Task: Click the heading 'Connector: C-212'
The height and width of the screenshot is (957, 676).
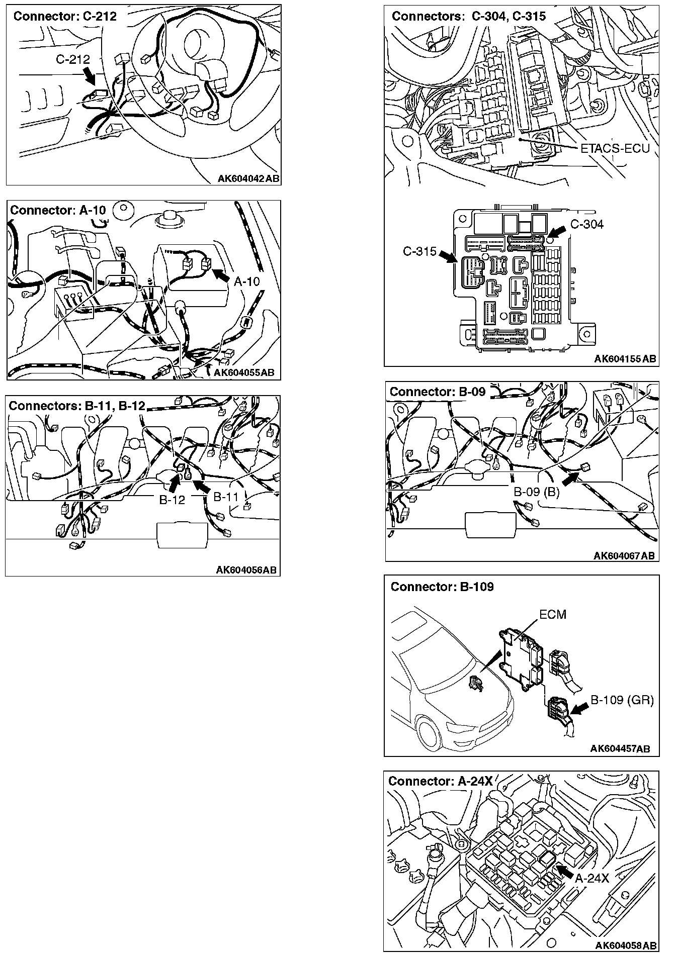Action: pos(65,16)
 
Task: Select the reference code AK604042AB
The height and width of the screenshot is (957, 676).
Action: pos(249,178)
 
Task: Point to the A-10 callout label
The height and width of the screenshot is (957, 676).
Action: pos(246,281)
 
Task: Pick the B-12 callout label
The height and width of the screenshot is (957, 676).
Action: pos(172,500)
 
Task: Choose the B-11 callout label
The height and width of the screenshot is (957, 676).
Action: pos(226,497)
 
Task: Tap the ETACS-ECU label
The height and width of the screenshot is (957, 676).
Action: pos(615,148)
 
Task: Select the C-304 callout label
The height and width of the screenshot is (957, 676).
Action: pos(586,224)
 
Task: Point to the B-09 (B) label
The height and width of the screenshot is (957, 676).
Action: pos(536,492)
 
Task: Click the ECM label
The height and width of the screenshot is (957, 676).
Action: pos(552,615)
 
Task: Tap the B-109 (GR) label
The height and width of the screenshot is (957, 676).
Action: pos(622,700)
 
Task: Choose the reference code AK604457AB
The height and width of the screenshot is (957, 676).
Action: pos(620,749)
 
